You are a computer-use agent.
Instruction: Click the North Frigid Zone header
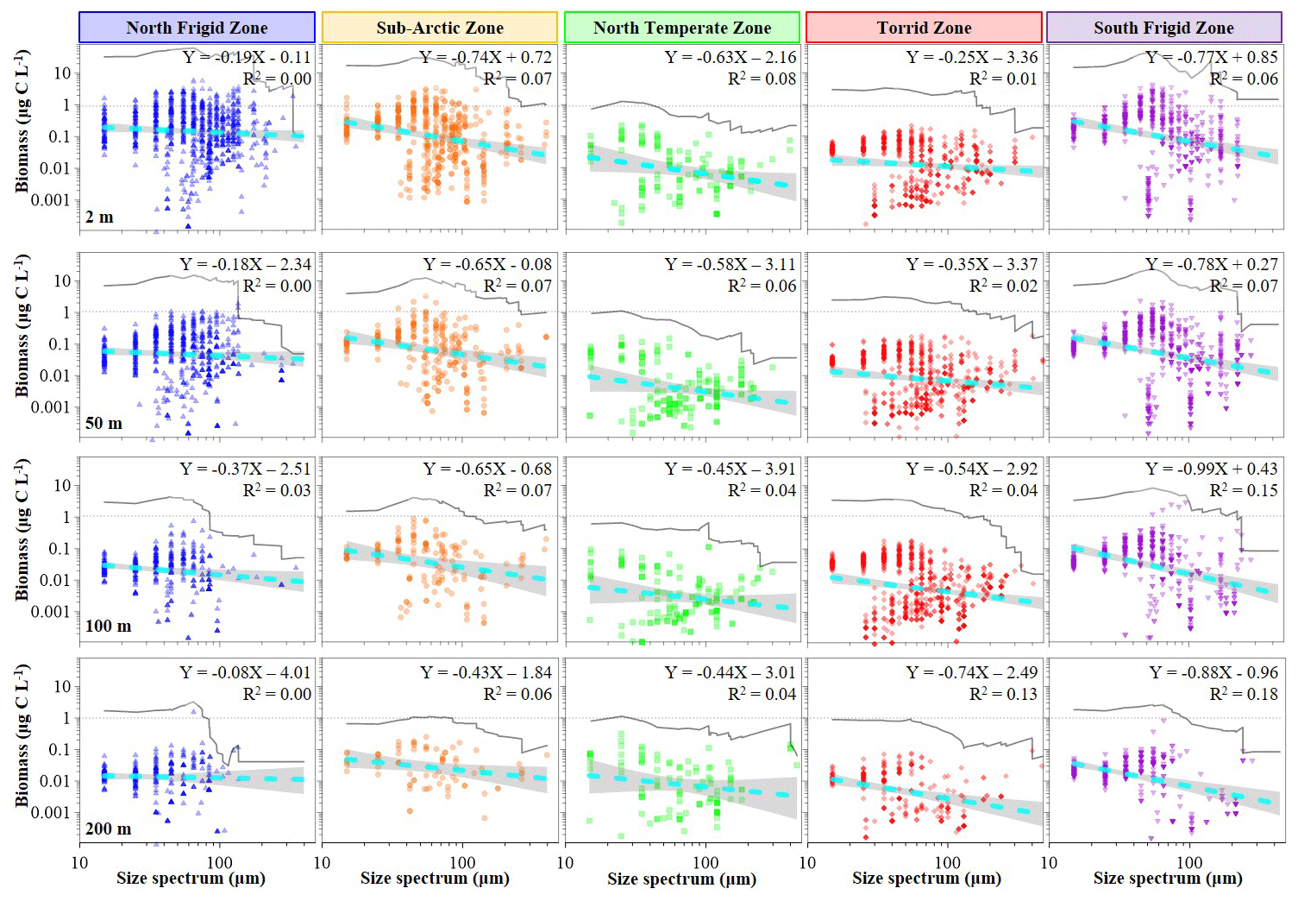point(197,28)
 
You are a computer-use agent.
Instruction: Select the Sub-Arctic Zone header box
point(440,28)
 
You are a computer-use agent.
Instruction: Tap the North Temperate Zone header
point(682,28)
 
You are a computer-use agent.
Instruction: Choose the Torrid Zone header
point(924,28)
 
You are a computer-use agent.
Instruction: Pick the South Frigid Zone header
point(1163,28)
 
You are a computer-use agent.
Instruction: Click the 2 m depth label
point(99,217)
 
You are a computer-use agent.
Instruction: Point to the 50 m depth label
point(103,423)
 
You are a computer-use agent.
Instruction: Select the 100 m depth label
point(108,626)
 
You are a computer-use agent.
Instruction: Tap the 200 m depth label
point(108,829)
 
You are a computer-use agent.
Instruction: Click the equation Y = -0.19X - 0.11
point(247,58)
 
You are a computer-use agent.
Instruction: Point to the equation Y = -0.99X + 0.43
point(1211,469)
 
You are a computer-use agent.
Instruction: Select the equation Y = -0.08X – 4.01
point(245,672)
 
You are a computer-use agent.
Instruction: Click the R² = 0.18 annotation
point(1244,694)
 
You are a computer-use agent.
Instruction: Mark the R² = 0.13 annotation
point(1003,694)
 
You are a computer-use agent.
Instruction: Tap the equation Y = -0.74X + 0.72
point(486,58)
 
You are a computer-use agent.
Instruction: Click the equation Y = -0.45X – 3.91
point(730,469)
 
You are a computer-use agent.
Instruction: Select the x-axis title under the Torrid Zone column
point(926,879)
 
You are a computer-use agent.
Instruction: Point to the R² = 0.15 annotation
point(1244,490)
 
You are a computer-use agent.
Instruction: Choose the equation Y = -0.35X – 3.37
point(971,264)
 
